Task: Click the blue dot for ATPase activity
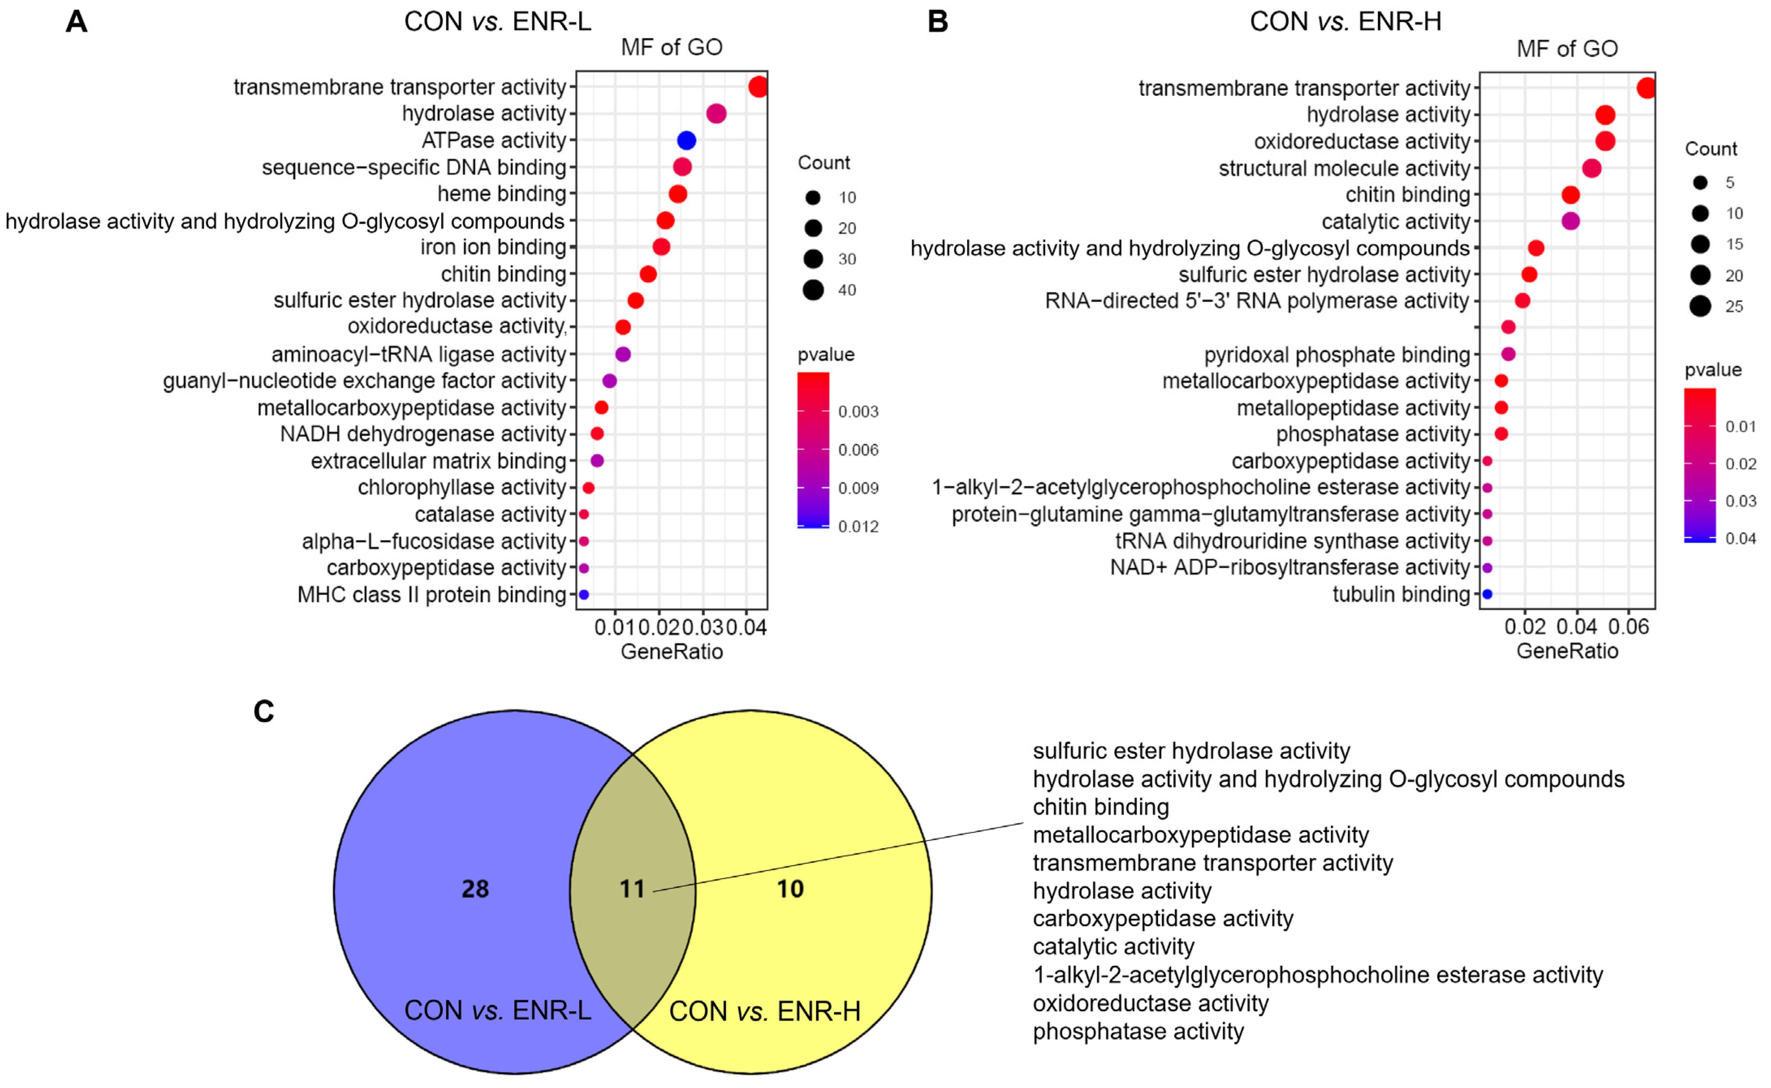[x=686, y=140]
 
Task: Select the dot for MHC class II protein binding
[x=584, y=595]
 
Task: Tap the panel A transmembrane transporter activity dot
[x=757, y=87]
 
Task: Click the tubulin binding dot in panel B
[x=1487, y=594]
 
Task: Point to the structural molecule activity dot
[x=1592, y=168]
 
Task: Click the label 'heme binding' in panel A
[x=502, y=194]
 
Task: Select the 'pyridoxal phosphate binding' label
[x=1336, y=355]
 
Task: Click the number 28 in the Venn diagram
[x=475, y=889]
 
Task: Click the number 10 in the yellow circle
[x=790, y=889]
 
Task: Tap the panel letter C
[x=264, y=712]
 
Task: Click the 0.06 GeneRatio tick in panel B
[x=1629, y=627]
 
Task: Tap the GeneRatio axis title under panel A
[x=671, y=652]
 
